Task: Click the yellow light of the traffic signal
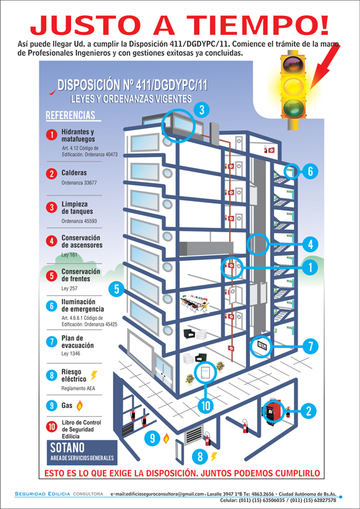[x=293, y=86]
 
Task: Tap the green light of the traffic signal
[x=293, y=107]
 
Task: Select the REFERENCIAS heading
[x=71, y=115]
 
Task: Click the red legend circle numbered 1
[x=52, y=135]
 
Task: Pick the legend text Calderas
[x=74, y=173]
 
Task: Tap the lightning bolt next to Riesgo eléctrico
[x=93, y=375]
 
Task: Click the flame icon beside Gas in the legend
[x=80, y=405]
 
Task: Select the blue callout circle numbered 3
[x=202, y=111]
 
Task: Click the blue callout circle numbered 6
[x=310, y=171]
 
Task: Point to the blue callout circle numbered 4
[x=310, y=244]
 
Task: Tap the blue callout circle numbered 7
[x=310, y=347]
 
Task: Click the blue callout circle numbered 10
[x=206, y=405]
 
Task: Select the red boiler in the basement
[x=273, y=411]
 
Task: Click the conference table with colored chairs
[x=195, y=303]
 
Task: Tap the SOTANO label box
[x=82, y=452]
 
